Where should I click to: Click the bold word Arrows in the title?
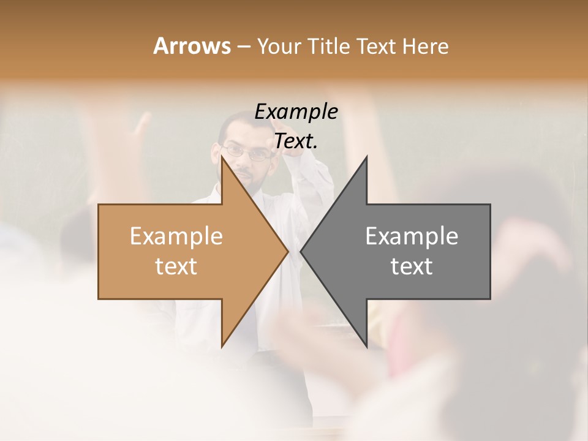pyautogui.click(x=192, y=46)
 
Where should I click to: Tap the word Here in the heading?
pyautogui.click(x=425, y=46)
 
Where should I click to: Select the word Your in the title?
pyautogui.click(x=280, y=46)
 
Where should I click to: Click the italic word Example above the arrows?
pyautogui.click(x=296, y=111)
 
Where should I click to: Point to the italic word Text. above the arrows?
pyautogui.click(x=296, y=141)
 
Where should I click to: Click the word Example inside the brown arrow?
pyautogui.click(x=176, y=236)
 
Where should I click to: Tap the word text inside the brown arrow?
pyautogui.click(x=176, y=266)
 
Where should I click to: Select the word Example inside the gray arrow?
pyautogui.click(x=412, y=236)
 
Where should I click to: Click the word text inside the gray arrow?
pyautogui.click(x=412, y=266)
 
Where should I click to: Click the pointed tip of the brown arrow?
pyautogui.click(x=287, y=251)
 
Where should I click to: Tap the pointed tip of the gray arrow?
pyautogui.click(x=302, y=251)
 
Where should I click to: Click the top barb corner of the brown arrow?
pyautogui.click(x=222, y=158)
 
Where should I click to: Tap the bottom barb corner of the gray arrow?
pyautogui.click(x=366, y=346)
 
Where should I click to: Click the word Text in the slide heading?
pyautogui.click(x=376, y=46)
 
